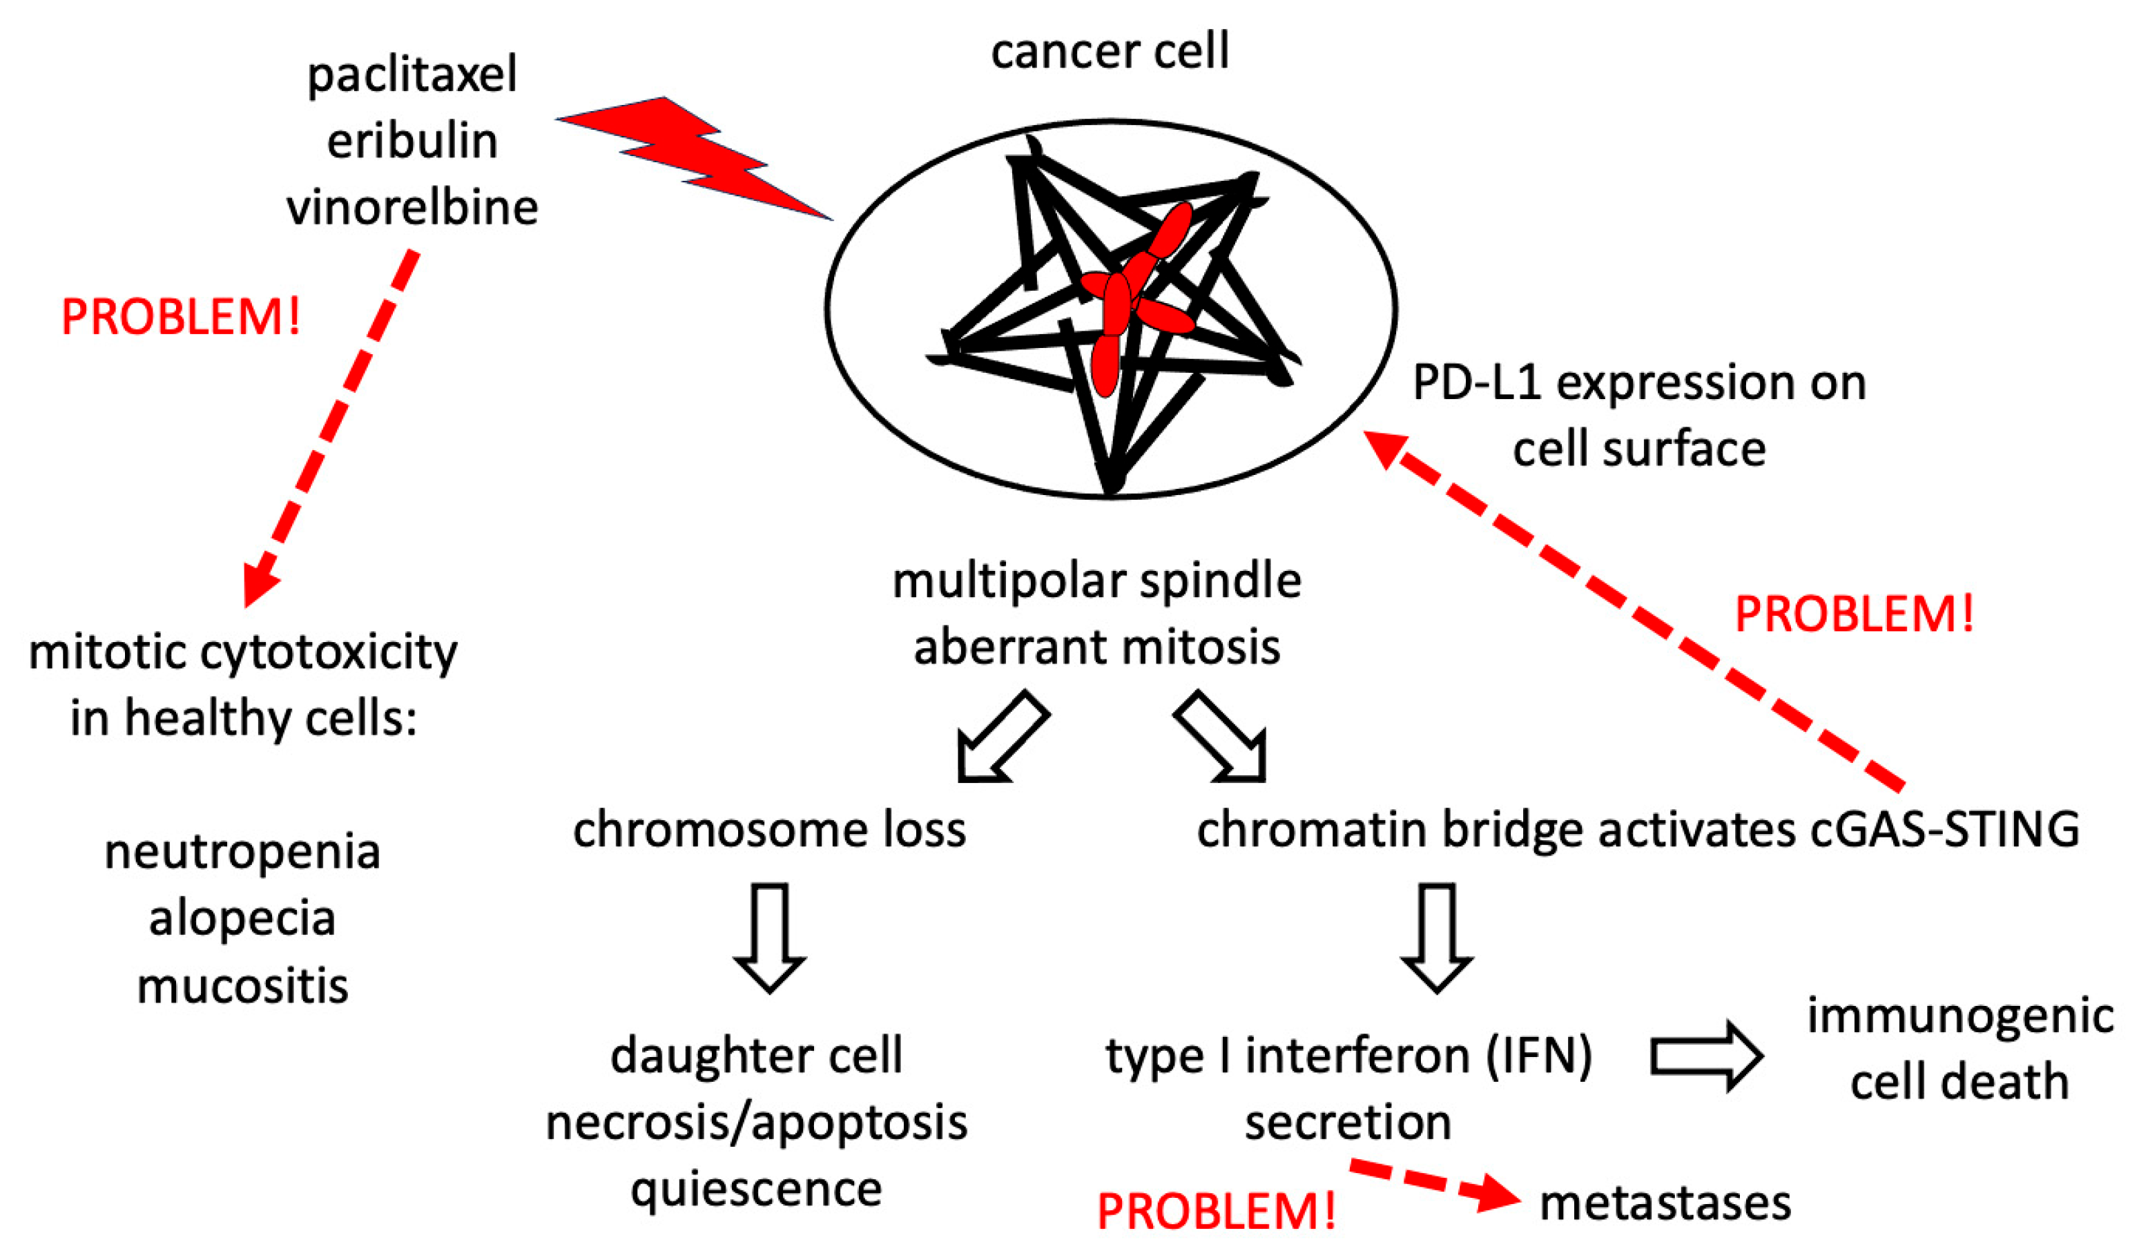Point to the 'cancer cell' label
pyautogui.click(x=1109, y=51)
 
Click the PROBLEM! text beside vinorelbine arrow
pyautogui.click(x=181, y=318)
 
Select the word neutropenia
pyautogui.click(x=242, y=853)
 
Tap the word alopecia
pyautogui.click(x=242, y=919)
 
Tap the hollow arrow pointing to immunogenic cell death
pyautogui.click(x=1706, y=1056)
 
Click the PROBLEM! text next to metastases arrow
pyautogui.click(x=1216, y=1212)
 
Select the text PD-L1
pyautogui.click(x=1477, y=384)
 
